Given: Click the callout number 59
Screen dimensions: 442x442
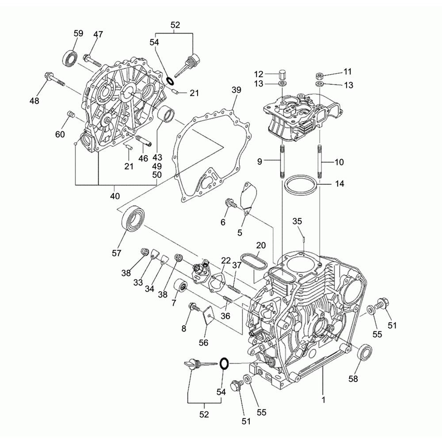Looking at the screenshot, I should click(x=78, y=33).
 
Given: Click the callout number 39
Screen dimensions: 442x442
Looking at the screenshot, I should click(x=236, y=90).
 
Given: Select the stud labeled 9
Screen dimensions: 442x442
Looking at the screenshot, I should click(x=282, y=162).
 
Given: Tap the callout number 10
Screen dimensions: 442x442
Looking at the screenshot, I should click(x=339, y=162).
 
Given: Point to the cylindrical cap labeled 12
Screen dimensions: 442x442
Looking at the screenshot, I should click(x=282, y=74).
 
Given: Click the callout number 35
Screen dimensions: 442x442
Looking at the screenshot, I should click(x=297, y=221).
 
